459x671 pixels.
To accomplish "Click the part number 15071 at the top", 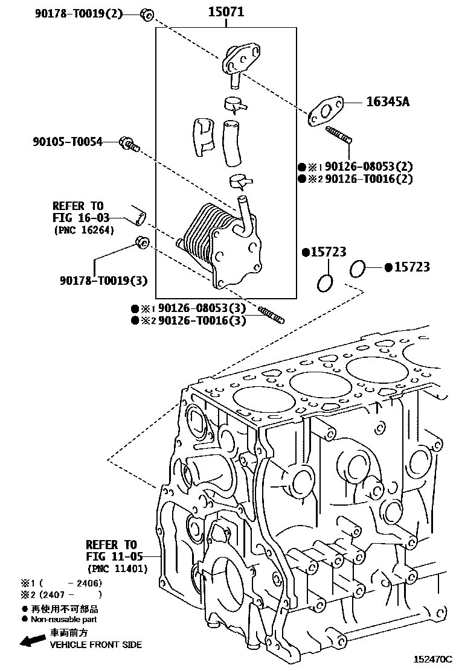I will (x=226, y=11).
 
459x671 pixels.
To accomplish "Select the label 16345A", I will (x=388, y=102).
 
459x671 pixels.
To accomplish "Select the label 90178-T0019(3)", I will (x=103, y=280).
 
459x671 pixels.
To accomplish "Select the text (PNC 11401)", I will (x=117, y=568).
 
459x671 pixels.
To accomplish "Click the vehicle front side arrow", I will (x=33, y=640).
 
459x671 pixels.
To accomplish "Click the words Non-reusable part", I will (x=63, y=619).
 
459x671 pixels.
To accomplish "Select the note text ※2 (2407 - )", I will (x=62, y=594).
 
